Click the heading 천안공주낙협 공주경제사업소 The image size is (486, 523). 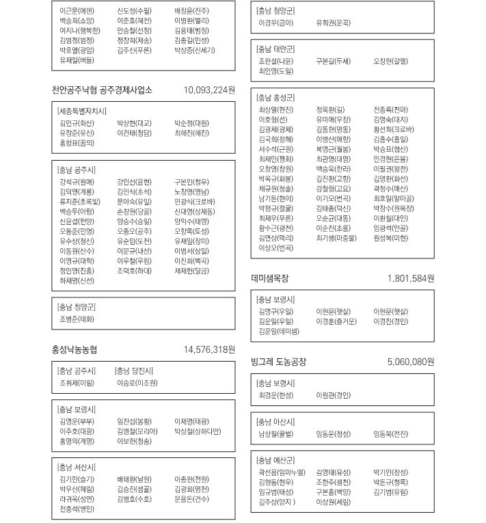(102, 90)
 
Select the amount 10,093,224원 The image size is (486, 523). (209, 90)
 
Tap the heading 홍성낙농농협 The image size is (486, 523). (75, 349)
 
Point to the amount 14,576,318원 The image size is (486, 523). (209, 349)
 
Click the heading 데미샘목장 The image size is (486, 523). (270, 278)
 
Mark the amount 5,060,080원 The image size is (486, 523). (410, 361)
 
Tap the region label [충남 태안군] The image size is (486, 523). (275, 49)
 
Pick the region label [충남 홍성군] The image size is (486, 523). (275, 97)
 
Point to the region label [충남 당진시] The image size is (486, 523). (134, 371)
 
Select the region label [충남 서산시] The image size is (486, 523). (75, 467)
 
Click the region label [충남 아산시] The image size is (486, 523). (275, 421)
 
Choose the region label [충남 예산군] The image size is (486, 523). (275, 459)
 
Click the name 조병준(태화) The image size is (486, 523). (77, 319)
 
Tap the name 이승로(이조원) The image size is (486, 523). (137, 383)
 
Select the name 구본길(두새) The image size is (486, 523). (333, 61)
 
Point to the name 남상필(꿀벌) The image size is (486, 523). (275, 433)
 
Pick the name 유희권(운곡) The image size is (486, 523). (333, 23)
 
